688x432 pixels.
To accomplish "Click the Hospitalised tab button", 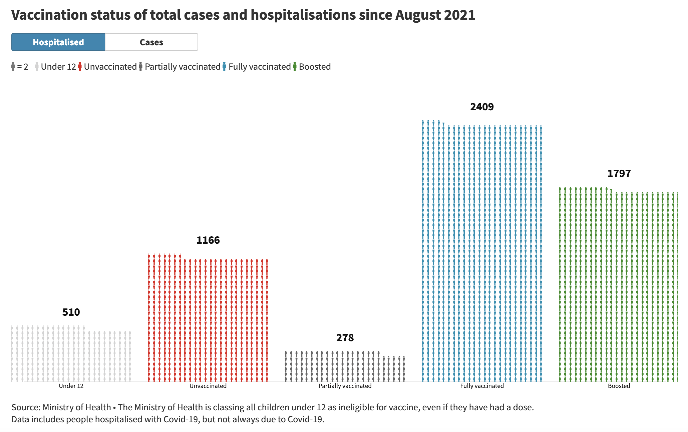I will tap(58, 42).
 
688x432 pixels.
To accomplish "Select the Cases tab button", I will tap(151, 42).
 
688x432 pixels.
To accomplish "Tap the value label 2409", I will tap(482, 107).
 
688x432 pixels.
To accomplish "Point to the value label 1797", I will tap(619, 173).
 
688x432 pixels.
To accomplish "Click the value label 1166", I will tap(208, 240).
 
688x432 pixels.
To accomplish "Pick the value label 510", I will tap(71, 312).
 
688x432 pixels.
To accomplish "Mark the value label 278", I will tap(345, 338).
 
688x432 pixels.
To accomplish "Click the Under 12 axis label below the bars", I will tap(71, 386).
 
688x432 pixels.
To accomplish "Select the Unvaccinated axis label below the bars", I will tap(208, 386).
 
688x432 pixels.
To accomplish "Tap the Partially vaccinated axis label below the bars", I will tap(345, 386).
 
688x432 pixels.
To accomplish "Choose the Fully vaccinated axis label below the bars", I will tap(482, 386).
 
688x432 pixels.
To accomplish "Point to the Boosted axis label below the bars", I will tap(619, 386).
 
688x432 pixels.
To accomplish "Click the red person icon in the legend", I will tap(80, 66).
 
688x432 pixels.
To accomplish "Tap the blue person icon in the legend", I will tap(225, 66).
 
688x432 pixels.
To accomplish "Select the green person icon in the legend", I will tap(295, 66).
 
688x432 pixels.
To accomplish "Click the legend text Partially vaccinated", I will tap(183, 67).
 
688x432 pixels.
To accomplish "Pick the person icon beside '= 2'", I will tap(13, 66).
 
